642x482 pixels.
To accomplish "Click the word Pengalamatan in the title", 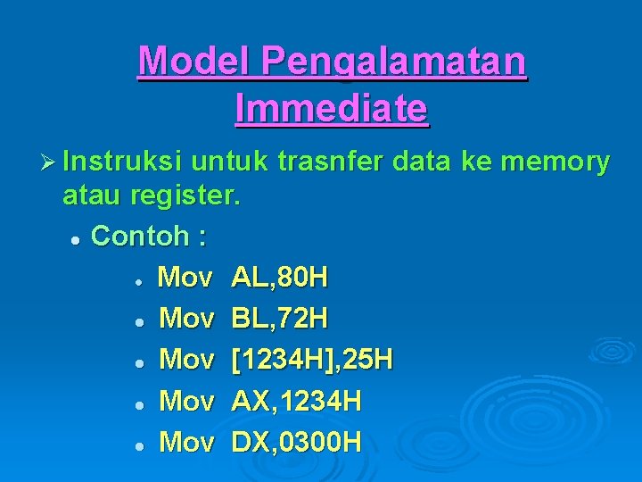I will (x=393, y=62).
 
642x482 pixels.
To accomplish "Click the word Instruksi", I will (x=125, y=162).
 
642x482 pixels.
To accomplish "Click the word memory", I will (x=556, y=162).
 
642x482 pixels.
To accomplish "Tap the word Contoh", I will (x=140, y=237).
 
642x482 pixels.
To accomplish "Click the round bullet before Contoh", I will (x=77, y=239).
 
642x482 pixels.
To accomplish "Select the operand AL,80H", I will (x=279, y=278).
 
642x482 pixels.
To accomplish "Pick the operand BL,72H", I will (x=279, y=318).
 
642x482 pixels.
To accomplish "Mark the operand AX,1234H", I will (x=296, y=401).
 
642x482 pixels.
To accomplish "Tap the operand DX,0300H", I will (x=296, y=441).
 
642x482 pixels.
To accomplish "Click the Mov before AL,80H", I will (x=185, y=278).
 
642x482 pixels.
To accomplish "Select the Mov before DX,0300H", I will (x=186, y=441).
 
